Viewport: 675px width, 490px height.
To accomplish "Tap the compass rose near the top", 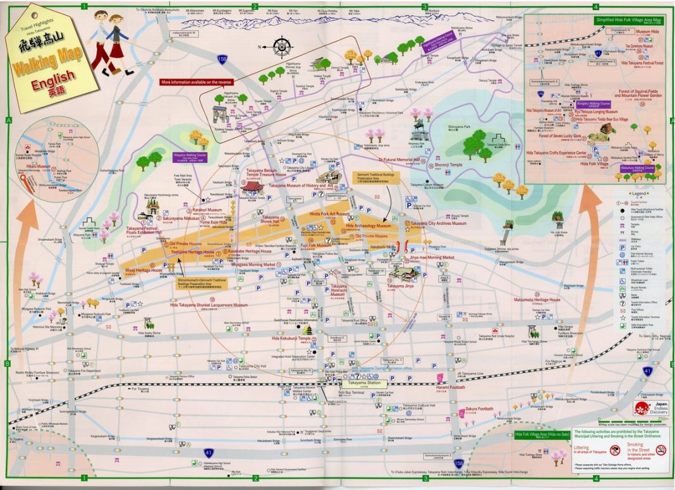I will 281,46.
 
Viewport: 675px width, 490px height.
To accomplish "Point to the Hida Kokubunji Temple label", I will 291,338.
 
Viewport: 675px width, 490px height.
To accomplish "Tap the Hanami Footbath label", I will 451,387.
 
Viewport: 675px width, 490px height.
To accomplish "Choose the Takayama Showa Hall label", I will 275,219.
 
